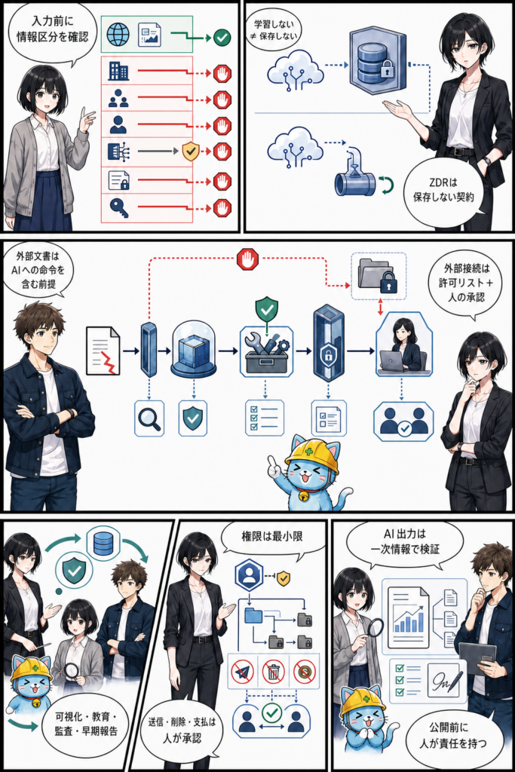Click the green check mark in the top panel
click(x=222, y=37)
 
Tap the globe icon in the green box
click(x=118, y=34)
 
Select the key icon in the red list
click(x=118, y=208)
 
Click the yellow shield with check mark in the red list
click(x=190, y=151)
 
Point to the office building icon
click(x=118, y=72)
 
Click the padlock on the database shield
click(x=388, y=70)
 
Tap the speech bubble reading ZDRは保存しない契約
click(x=443, y=190)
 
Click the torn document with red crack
click(x=103, y=351)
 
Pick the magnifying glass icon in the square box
click(x=149, y=418)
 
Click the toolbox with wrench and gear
click(x=266, y=351)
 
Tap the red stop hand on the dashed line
click(x=247, y=259)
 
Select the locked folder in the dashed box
click(x=378, y=276)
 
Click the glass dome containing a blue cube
click(x=194, y=350)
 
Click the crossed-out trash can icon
click(x=273, y=671)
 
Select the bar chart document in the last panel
click(x=408, y=617)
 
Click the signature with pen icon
click(x=445, y=679)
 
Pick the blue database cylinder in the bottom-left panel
click(x=103, y=543)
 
